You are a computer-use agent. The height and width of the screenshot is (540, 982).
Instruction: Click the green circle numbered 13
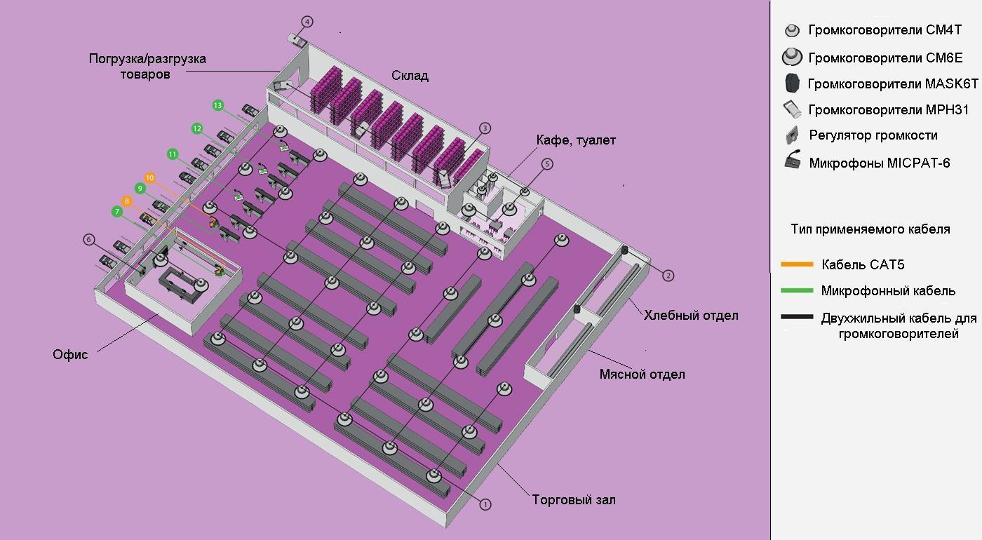tap(218, 105)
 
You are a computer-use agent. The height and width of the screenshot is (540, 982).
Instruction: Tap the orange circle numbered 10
tap(150, 177)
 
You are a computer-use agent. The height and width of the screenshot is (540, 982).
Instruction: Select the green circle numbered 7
tap(117, 212)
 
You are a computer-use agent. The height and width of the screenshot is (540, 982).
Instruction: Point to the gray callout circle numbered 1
tap(485, 504)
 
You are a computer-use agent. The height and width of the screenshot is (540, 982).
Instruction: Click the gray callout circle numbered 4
tap(307, 22)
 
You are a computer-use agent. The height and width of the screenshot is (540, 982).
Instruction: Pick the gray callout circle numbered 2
tap(668, 275)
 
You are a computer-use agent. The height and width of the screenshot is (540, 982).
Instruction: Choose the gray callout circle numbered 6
tap(88, 239)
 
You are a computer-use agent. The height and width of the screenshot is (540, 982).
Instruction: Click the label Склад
tap(410, 76)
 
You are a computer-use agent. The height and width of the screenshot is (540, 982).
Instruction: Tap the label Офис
tap(70, 354)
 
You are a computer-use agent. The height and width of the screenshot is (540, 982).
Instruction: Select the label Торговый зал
tap(574, 499)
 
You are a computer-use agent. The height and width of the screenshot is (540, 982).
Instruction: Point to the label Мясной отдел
tap(643, 374)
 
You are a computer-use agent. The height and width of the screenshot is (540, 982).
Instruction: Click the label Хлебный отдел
tap(691, 315)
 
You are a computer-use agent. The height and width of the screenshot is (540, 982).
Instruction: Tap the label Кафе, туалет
tap(576, 140)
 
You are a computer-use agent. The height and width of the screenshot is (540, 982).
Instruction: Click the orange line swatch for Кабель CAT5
tap(797, 264)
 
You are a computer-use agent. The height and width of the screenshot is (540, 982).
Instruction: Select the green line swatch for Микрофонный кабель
tap(797, 290)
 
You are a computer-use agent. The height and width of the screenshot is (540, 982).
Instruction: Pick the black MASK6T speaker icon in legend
tap(792, 83)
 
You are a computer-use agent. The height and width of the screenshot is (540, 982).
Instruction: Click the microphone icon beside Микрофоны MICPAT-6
tap(793, 160)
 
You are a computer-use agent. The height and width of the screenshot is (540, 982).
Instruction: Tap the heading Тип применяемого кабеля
tap(870, 229)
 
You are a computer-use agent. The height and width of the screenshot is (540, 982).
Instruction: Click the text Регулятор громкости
tap(873, 135)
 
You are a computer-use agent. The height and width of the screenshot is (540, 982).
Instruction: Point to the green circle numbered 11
tap(173, 154)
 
